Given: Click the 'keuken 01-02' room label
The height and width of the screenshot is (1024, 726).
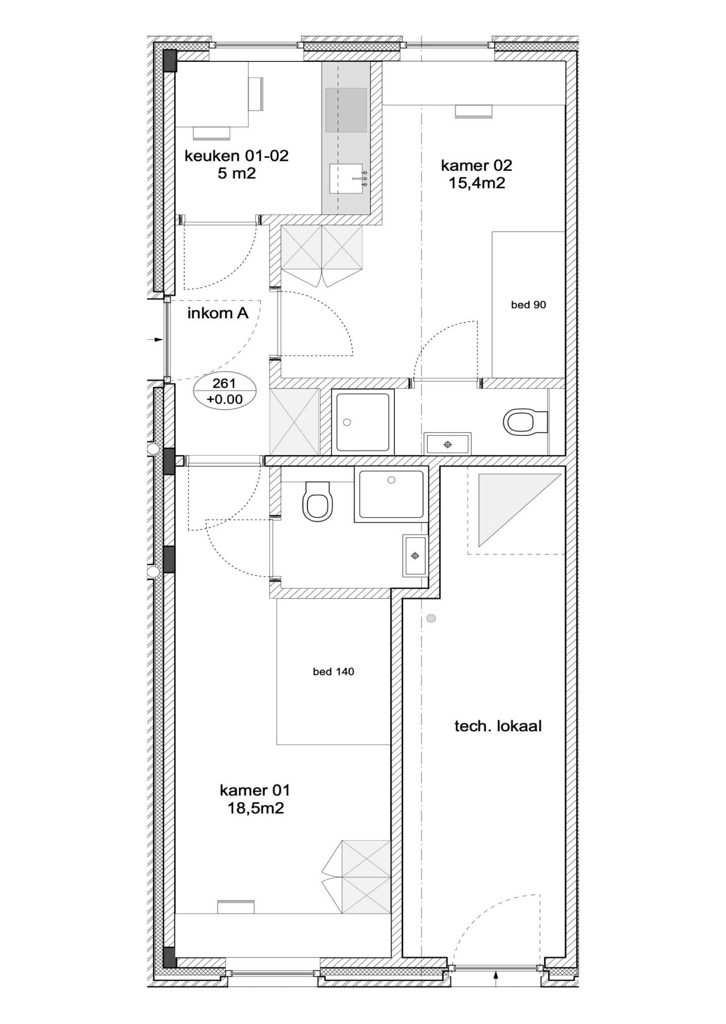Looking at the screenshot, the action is point(236,155).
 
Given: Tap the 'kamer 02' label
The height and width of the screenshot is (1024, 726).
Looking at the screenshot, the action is point(476,165).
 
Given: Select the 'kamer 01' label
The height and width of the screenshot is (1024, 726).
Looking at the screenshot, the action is point(255,790).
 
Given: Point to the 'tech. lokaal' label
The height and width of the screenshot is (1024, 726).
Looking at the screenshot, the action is point(498,726).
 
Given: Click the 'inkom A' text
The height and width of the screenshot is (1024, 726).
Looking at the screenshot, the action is point(218,313).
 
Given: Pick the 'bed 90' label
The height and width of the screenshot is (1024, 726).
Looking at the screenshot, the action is point(529,305).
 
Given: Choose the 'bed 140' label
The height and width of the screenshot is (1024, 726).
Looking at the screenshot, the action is point(334,672).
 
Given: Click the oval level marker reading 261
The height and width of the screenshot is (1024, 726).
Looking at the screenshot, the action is point(225,392).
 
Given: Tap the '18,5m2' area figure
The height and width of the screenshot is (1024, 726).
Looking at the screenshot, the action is point(255,808).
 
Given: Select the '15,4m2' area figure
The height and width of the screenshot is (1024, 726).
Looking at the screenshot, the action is point(476,183).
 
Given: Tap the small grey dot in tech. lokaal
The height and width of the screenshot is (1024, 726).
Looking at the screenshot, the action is point(431,618).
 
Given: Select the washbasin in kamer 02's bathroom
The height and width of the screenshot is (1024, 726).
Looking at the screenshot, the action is point(448,444).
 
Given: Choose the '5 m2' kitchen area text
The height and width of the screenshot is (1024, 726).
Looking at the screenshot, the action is point(237,174).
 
